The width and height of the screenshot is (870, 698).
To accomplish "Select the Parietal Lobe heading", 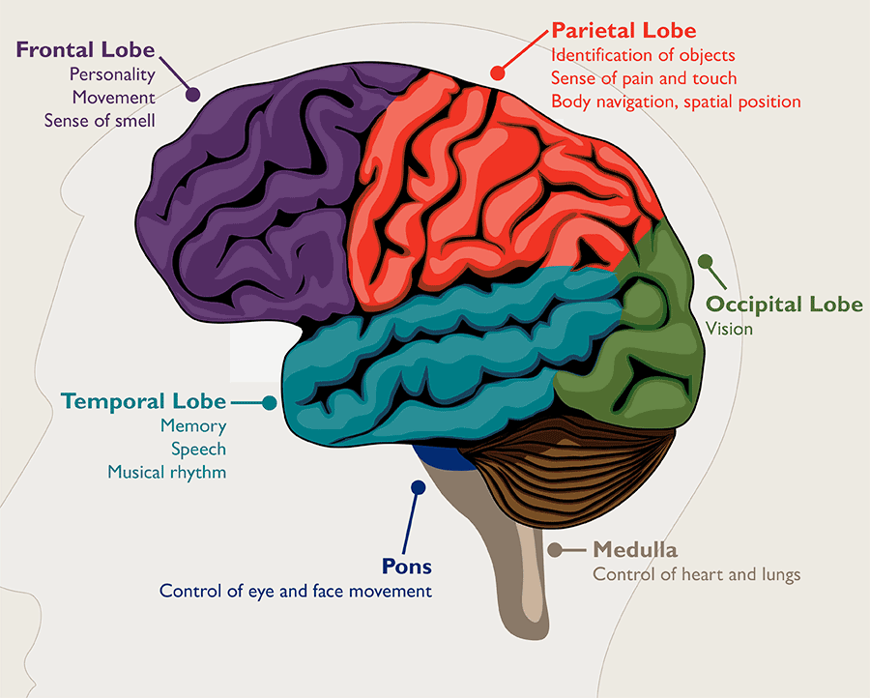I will pos(623,31).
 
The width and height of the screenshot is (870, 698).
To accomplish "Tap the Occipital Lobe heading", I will pos(784,305).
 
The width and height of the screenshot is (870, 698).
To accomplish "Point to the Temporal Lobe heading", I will pos(143,401).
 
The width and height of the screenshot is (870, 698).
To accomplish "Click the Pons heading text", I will pos(407,567).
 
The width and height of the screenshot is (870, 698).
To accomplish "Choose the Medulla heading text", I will pos(635,550).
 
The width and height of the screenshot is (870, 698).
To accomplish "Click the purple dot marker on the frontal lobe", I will pos(192,95).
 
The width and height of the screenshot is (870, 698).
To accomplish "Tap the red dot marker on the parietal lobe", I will pos(498,72).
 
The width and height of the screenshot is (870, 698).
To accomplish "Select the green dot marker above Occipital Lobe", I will pos(706,261).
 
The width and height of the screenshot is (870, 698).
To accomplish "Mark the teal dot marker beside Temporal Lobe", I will pos(270,401).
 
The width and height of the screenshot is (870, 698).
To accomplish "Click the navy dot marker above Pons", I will pos(418,487).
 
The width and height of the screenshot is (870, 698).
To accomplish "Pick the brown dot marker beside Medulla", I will pos(555,550).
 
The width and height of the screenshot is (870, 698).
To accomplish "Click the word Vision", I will pos(729,330).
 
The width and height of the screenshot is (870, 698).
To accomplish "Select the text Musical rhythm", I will pos(166,473).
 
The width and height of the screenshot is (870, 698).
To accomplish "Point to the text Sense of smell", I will pos(100,121).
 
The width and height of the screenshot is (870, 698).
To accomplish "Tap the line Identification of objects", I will pos(643,55).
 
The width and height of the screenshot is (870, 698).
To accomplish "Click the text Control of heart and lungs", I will pos(696,575).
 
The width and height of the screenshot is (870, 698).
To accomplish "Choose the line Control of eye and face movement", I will pos(295,591).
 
